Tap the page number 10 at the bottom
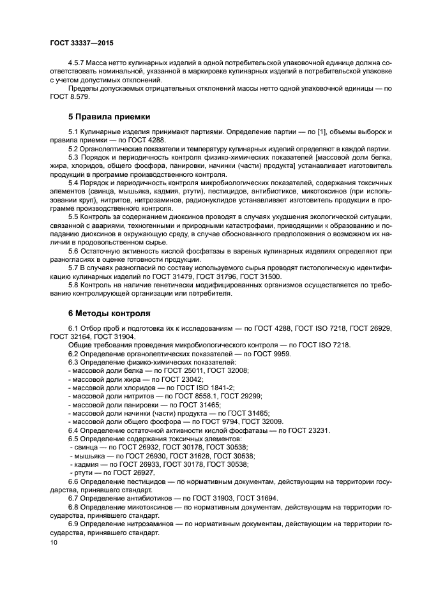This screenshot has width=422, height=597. [x=53, y=542]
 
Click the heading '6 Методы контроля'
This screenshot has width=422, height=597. [x=109, y=314]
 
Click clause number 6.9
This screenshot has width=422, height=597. [x=75, y=524]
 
